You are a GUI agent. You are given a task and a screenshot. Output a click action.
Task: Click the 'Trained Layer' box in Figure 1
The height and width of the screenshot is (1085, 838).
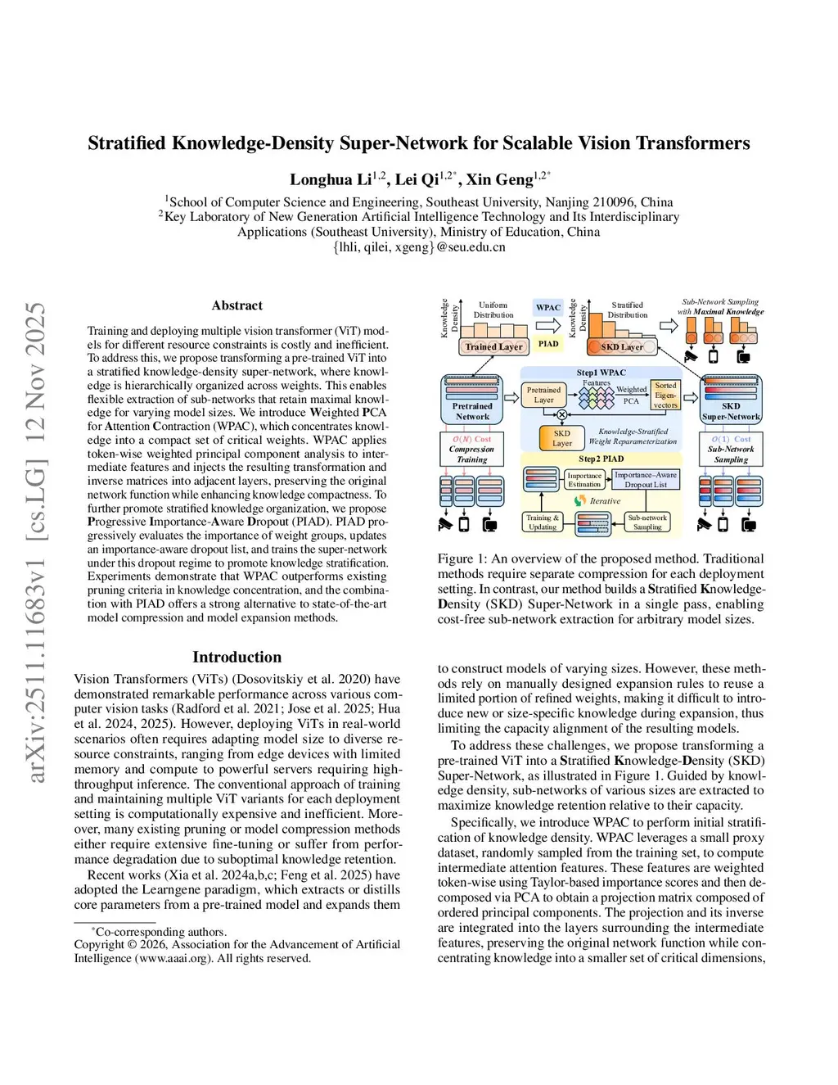tap(493, 346)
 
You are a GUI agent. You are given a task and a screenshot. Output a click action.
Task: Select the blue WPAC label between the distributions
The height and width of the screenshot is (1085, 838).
tap(548, 308)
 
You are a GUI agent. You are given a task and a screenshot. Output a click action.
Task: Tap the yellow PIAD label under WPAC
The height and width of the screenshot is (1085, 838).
tap(548, 344)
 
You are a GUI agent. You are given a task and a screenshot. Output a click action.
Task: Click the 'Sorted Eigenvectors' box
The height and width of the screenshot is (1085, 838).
tap(665, 396)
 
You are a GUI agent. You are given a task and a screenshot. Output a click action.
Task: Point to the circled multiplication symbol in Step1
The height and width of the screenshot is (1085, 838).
tap(561, 415)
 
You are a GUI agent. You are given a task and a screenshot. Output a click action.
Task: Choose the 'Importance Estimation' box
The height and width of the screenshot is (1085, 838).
tap(584, 480)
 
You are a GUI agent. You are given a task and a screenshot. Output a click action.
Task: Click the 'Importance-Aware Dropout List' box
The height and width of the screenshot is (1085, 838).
tap(646, 480)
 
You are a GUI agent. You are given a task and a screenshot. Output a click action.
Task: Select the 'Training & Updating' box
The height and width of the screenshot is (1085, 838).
tap(543, 522)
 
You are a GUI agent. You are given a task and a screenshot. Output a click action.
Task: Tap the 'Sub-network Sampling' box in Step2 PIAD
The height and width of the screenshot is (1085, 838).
tap(647, 522)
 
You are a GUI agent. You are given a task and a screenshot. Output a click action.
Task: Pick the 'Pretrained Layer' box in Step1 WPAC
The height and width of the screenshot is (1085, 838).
tap(543, 395)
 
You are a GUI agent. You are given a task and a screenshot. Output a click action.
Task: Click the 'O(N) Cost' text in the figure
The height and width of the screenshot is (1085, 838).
tap(472, 440)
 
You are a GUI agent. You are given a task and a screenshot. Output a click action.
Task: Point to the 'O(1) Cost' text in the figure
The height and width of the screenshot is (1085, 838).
tap(731, 440)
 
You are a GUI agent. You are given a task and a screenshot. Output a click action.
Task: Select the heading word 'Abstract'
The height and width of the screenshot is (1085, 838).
tap(237, 305)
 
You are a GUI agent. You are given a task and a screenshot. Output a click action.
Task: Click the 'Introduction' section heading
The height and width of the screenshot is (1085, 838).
tap(237, 657)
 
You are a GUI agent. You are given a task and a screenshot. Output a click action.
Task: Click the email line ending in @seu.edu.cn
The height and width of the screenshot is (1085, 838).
tap(419, 247)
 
